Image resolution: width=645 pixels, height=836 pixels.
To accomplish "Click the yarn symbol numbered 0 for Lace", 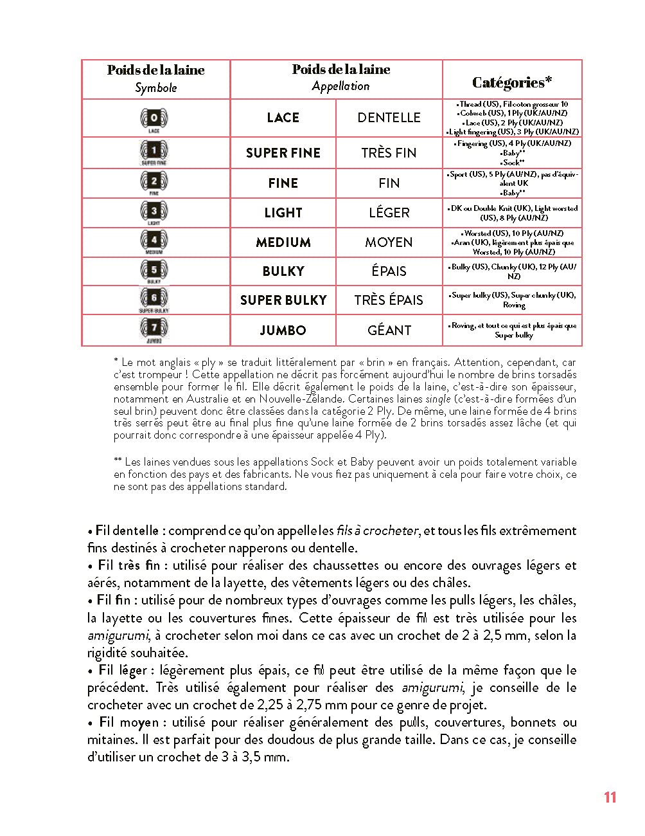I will click(154, 119).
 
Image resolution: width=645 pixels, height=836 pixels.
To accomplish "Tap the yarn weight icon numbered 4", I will click(154, 241).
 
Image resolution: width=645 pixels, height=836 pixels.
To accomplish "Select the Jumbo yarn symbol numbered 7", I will click(154, 329).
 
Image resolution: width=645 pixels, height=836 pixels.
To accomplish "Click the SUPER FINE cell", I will click(283, 153).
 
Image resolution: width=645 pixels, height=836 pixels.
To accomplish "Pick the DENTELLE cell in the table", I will click(389, 118).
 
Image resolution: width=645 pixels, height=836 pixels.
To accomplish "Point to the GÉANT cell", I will click(389, 331).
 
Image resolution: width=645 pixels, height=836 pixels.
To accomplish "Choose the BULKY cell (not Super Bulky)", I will click(283, 271).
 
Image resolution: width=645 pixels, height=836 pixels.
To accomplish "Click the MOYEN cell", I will click(389, 242).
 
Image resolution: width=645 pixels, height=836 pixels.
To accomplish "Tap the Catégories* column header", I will click(512, 82).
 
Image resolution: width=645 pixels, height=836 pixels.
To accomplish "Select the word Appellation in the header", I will click(340, 86).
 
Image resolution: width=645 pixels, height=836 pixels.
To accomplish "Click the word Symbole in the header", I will click(155, 88).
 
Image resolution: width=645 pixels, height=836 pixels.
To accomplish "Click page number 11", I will click(610, 797).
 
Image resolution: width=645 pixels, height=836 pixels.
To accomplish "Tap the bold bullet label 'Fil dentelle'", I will click(127, 531).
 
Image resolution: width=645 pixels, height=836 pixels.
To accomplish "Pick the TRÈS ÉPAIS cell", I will click(389, 300).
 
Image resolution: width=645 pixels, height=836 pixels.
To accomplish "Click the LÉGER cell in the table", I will click(389, 213).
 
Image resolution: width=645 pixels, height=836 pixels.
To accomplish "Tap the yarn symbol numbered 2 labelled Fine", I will click(154, 182).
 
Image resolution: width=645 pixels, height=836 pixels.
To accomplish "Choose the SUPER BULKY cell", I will click(283, 300).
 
